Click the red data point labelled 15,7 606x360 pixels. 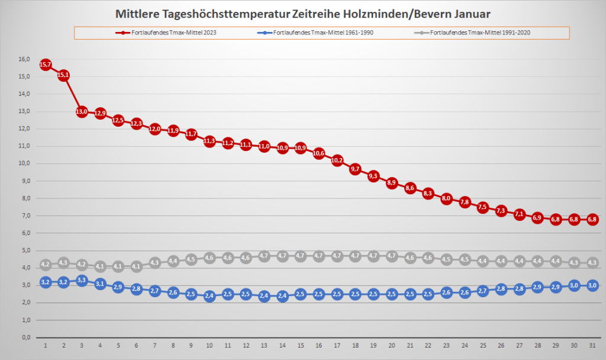click(x=46, y=65)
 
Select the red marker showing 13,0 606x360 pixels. click(x=82, y=112)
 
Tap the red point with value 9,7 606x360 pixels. click(x=355, y=169)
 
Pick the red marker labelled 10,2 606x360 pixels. click(x=337, y=160)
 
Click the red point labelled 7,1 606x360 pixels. click(x=519, y=214)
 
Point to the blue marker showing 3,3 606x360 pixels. click(x=82, y=280)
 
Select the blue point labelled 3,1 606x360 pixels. click(x=100, y=284)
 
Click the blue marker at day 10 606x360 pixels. click(x=209, y=296)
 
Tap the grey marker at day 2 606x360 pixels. click(x=64, y=262)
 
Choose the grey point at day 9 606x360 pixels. click(x=191, y=259)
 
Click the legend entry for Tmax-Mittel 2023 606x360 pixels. click(x=166, y=33)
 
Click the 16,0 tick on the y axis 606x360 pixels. click(x=24, y=59)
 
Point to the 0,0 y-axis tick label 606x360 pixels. click(x=25, y=337)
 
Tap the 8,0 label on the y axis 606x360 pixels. click(x=25, y=198)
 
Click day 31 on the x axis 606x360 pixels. click(x=592, y=345)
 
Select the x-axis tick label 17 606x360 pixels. click(x=337, y=345)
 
